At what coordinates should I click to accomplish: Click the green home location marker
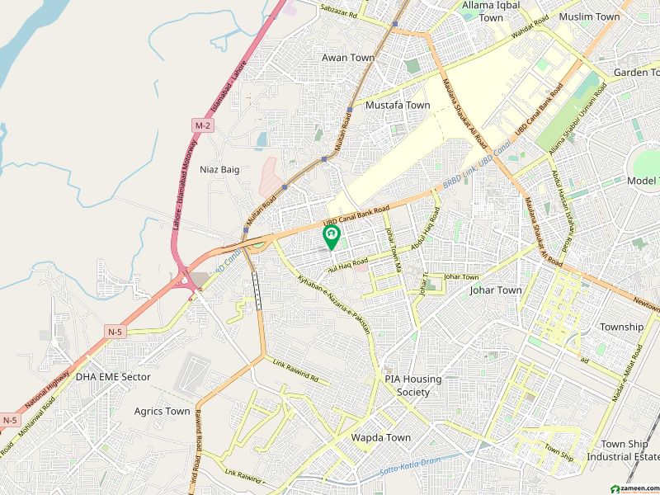pyautogui.click(x=332, y=238)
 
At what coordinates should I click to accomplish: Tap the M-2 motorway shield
pyautogui.click(x=202, y=125)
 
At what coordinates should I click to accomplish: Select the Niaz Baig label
pyautogui.click(x=219, y=169)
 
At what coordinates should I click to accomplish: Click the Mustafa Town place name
pyautogui.click(x=398, y=106)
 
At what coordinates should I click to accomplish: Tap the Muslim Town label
pyautogui.click(x=589, y=16)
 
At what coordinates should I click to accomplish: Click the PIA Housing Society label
pyautogui.click(x=413, y=385)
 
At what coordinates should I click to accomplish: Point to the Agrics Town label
pyautogui.click(x=162, y=411)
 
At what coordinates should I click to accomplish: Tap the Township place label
pyautogui.click(x=621, y=327)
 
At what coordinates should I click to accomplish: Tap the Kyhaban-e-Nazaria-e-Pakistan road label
pyautogui.click(x=333, y=302)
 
